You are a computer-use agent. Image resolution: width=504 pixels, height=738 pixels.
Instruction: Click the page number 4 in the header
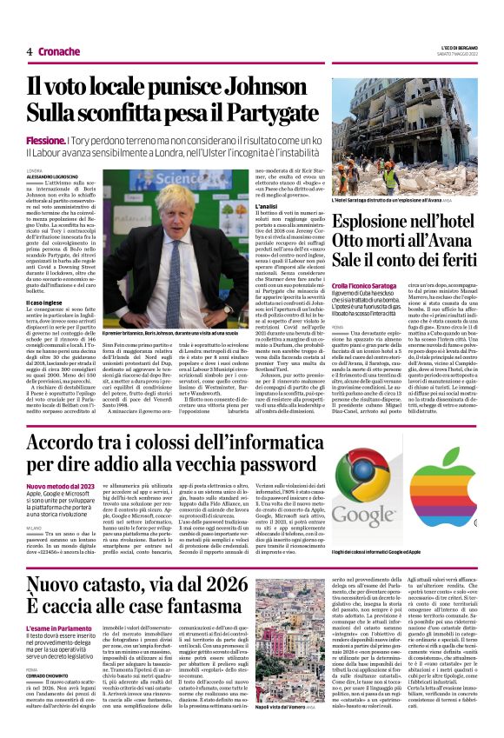point(29,51)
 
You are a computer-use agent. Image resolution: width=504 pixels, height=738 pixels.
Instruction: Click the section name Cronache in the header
point(58,51)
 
